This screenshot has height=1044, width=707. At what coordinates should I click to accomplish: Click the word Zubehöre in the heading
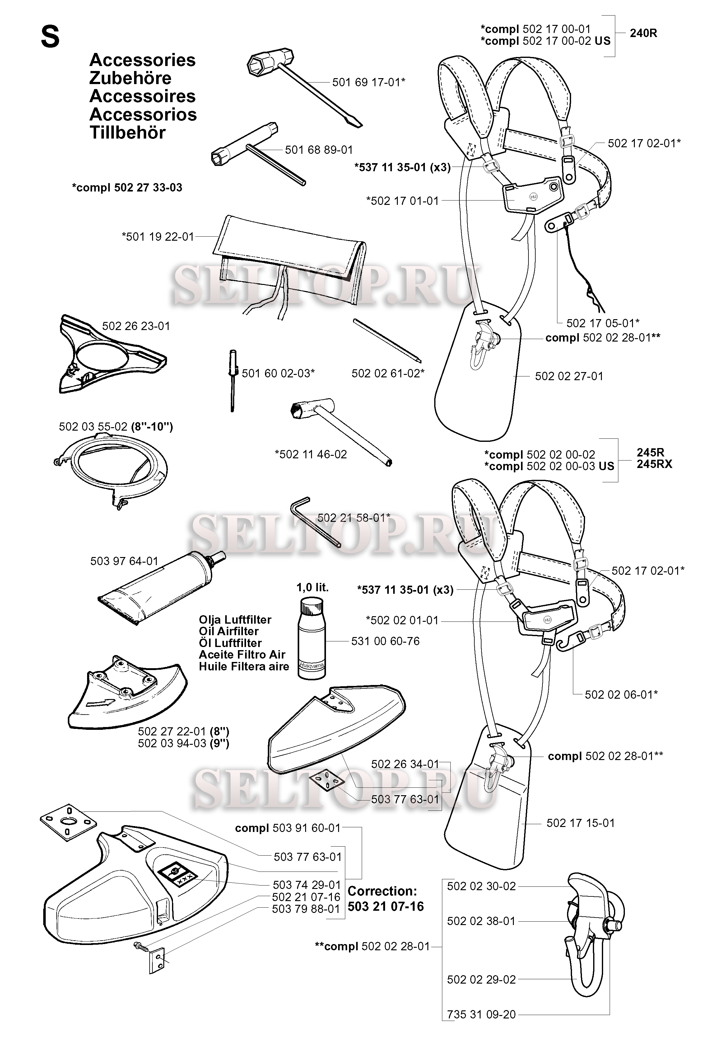pos(130,78)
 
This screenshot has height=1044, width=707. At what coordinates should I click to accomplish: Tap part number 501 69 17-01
pos(369,82)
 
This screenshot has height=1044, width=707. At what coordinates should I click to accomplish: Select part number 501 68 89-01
pos(319,149)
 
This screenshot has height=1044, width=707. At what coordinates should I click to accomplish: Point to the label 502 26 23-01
pos(136,326)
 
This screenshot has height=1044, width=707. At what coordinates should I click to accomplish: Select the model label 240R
pos(643,34)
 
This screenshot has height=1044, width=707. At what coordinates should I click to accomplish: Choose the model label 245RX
pos(654,464)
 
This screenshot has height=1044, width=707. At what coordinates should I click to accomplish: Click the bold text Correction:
pos(382,891)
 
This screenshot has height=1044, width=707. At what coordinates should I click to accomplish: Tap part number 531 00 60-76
pos(385,641)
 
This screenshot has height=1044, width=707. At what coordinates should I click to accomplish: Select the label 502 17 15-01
pos(580,823)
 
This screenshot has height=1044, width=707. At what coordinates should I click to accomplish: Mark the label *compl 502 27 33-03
pos(127,188)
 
